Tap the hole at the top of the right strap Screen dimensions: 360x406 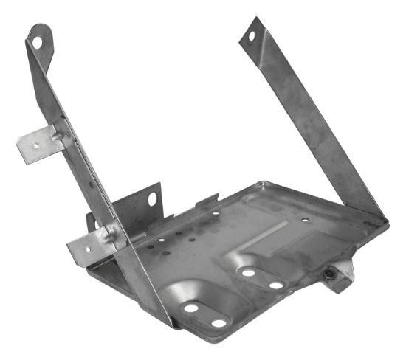[x=251, y=35]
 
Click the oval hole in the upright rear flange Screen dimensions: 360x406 [x=153, y=198]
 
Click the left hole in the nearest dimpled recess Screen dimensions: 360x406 [x=191, y=308]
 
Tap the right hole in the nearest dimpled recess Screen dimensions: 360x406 [x=219, y=322]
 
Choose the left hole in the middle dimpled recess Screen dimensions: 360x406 [x=248, y=272]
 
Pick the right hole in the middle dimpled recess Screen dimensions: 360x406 [x=275, y=285]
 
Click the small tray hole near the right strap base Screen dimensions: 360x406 [x=305, y=219]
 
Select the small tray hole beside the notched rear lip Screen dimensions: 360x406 [x=215, y=213]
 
